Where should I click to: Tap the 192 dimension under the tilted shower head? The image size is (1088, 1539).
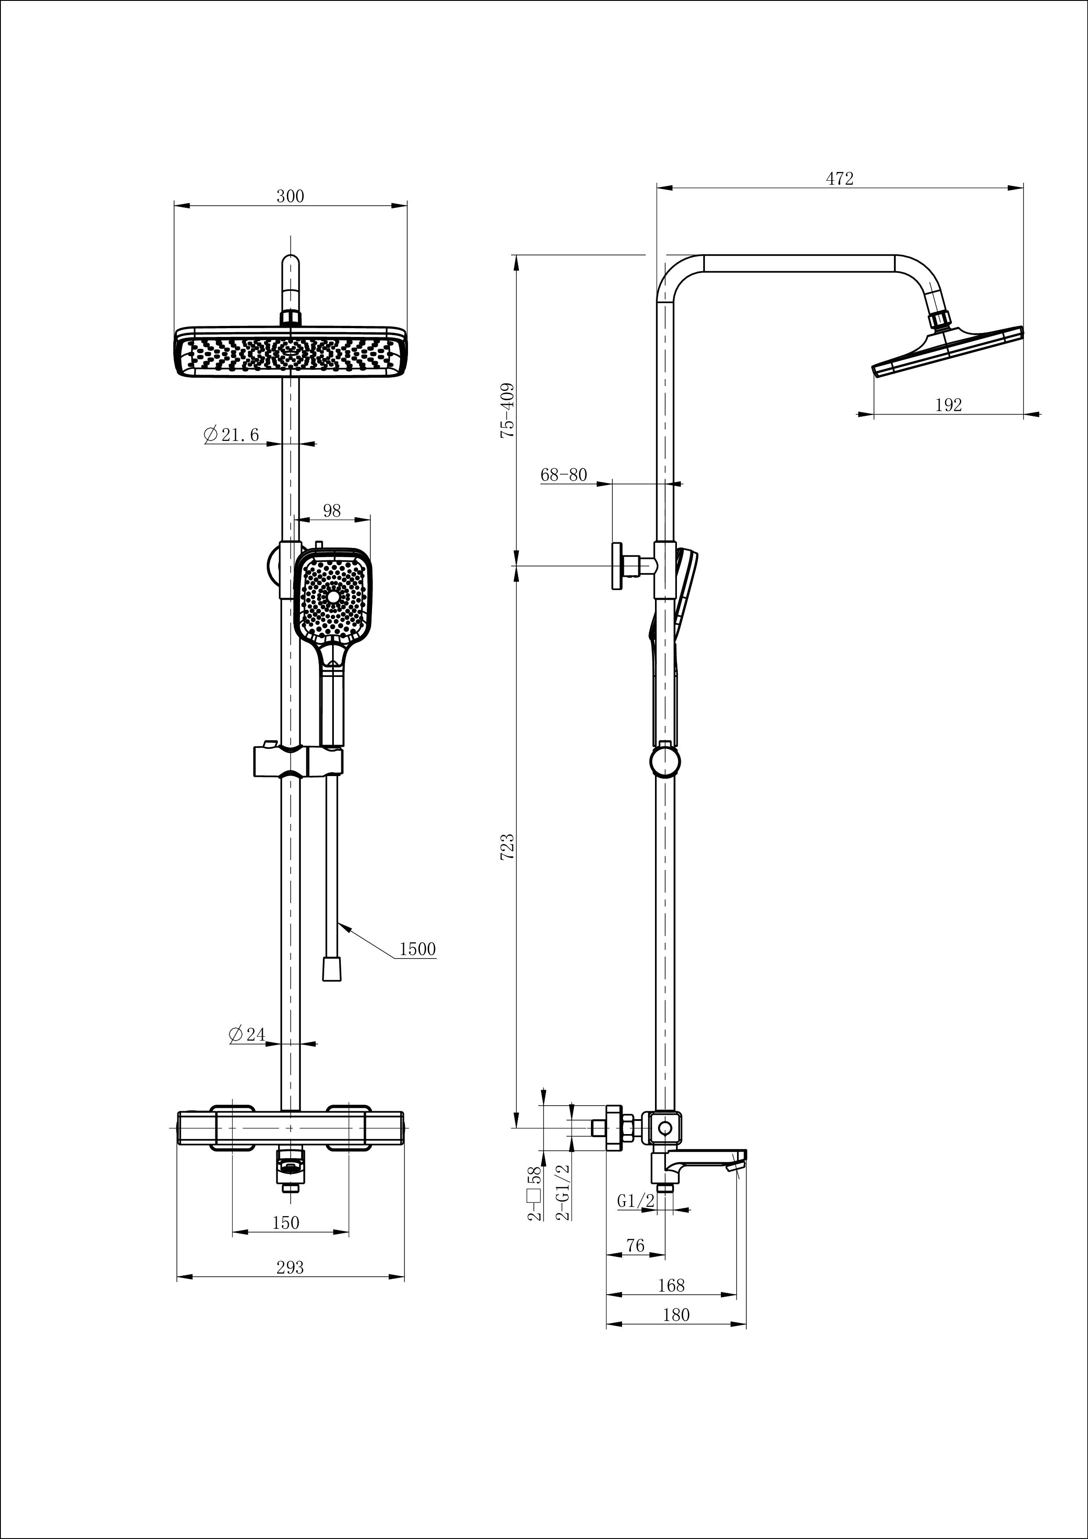click(x=948, y=405)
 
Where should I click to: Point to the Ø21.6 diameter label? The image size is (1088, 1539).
click(x=231, y=435)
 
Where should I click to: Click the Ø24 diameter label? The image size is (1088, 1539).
click(x=247, y=1034)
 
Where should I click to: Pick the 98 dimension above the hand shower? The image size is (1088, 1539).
click(x=332, y=511)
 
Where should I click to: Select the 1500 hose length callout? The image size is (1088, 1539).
click(x=417, y=949)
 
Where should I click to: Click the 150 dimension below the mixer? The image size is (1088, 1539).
click(x=286, y=1223)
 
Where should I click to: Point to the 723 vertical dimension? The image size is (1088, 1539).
click(x=508, y=847)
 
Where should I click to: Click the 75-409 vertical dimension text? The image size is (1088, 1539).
click(x=508, y=410)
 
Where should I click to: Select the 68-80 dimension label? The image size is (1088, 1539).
click(x=563, y=475)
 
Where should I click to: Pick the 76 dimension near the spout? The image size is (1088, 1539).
click(x=634, y=1246)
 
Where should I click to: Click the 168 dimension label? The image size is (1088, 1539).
click(x=671, y=1285)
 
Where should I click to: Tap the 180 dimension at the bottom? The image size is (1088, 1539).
click(x=676, y=1315)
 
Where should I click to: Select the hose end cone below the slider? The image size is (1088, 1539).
click(x=331, y=969)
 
